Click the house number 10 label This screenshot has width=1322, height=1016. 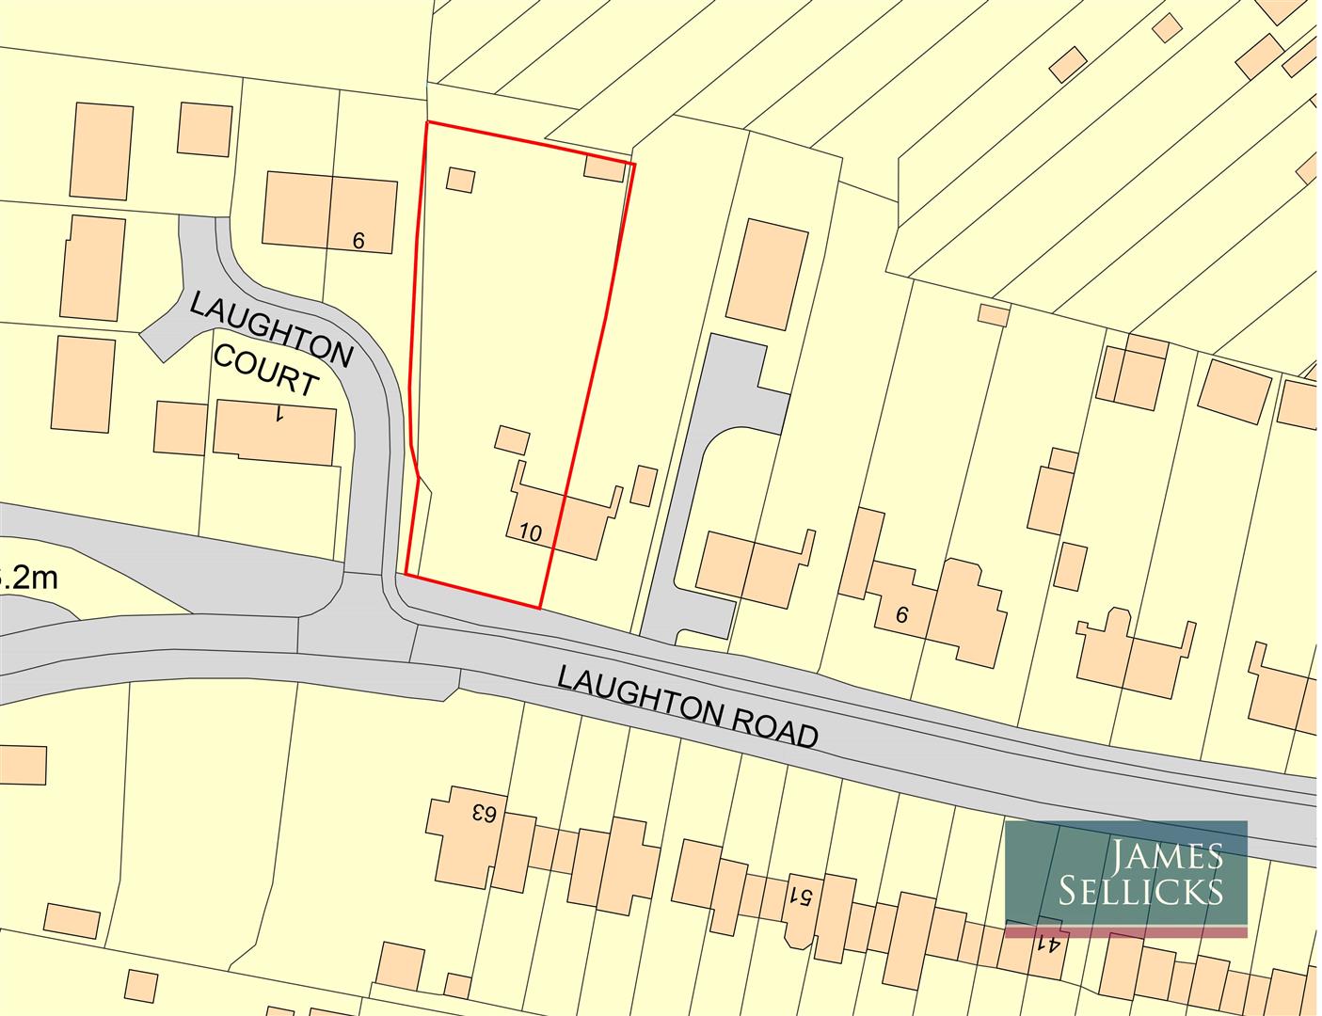[x=531, y=533]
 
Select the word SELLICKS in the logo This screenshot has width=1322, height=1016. [x=1139, y=890]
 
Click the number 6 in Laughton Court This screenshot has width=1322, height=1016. [x=358, y=241]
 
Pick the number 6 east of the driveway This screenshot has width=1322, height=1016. [x=901, y=615]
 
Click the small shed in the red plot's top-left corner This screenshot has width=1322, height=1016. [x=460, y=180]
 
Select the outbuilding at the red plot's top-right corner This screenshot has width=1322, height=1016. [x=604, y=168]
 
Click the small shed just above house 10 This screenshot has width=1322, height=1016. [x=512, y=439]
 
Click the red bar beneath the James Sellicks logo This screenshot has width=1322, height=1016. [x=1125, y=932]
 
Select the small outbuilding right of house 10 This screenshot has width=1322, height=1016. [x=644, y=484]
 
